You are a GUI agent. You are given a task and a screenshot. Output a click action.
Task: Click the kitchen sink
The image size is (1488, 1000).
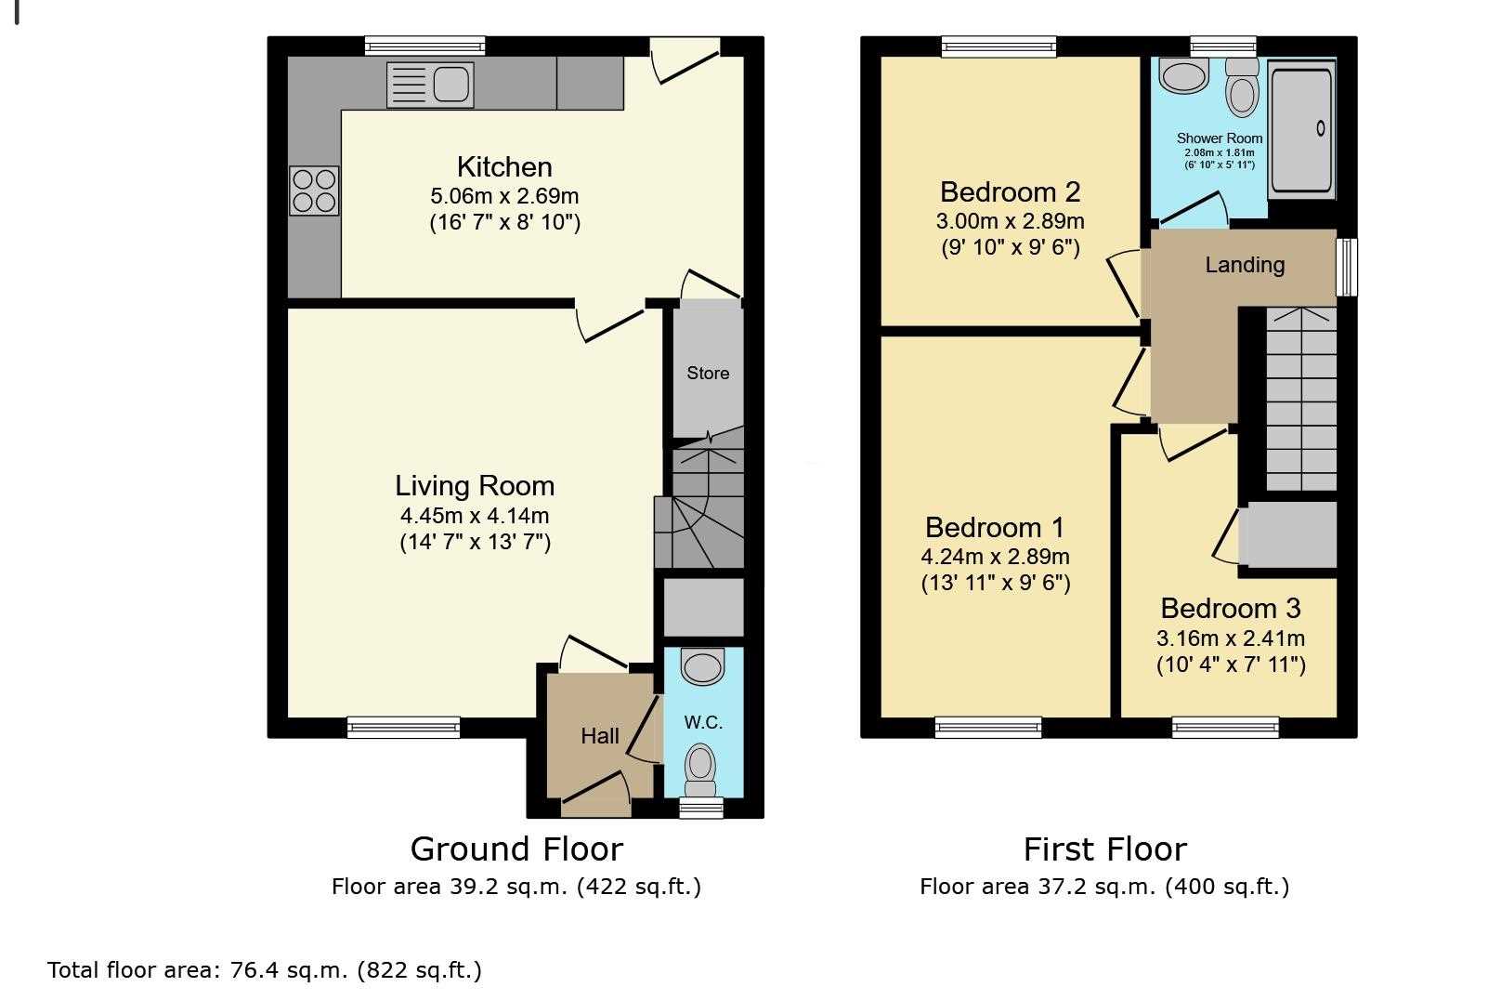click(x=430, y=86)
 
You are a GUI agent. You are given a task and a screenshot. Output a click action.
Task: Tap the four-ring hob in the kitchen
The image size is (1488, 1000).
click(x=314, y=190)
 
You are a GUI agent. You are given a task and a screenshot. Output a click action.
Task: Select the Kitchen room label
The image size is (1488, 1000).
click(x=505, y=166)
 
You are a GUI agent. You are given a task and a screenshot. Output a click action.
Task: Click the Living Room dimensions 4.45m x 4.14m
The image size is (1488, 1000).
click(x=475, y=516)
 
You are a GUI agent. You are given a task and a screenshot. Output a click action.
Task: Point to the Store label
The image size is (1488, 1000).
click(x=708, y=374)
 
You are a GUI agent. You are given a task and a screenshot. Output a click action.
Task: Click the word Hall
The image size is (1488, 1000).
click(x=600, y=736)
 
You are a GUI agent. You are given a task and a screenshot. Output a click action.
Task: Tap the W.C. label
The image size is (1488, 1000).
click(x=703, y=722)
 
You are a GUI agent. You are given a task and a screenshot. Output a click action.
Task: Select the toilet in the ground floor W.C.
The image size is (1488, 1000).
click(x=700, y=770)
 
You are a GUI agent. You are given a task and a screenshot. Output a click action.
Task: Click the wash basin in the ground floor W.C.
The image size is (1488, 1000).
click(x=703, y=667)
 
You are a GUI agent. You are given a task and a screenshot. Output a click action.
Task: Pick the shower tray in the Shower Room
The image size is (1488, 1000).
click(x=1301, y=129)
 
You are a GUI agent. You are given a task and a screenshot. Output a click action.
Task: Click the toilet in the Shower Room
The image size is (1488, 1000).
click(x=1242, y=87)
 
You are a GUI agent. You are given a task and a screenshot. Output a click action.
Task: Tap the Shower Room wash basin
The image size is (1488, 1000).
click(x=1183, y=75)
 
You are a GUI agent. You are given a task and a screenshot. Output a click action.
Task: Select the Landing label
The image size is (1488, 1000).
click(x=1245, y=265)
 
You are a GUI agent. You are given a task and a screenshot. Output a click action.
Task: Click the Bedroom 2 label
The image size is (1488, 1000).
click(x=1011, y=192)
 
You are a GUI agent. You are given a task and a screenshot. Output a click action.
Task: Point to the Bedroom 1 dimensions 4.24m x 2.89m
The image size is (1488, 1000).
click(x=995, y=557)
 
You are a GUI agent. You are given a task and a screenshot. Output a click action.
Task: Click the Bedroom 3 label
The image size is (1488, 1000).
click(x=1231, y=609)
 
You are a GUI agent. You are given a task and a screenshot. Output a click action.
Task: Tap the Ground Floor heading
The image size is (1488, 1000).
click(x=516, y=849)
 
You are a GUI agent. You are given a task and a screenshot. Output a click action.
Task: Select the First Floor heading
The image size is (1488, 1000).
click(x=1104, y=849)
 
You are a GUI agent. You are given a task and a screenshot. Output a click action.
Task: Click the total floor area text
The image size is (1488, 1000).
click(x=265, y=971)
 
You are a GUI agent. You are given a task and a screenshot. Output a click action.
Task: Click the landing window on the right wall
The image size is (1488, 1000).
click(x=1347, y=267)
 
